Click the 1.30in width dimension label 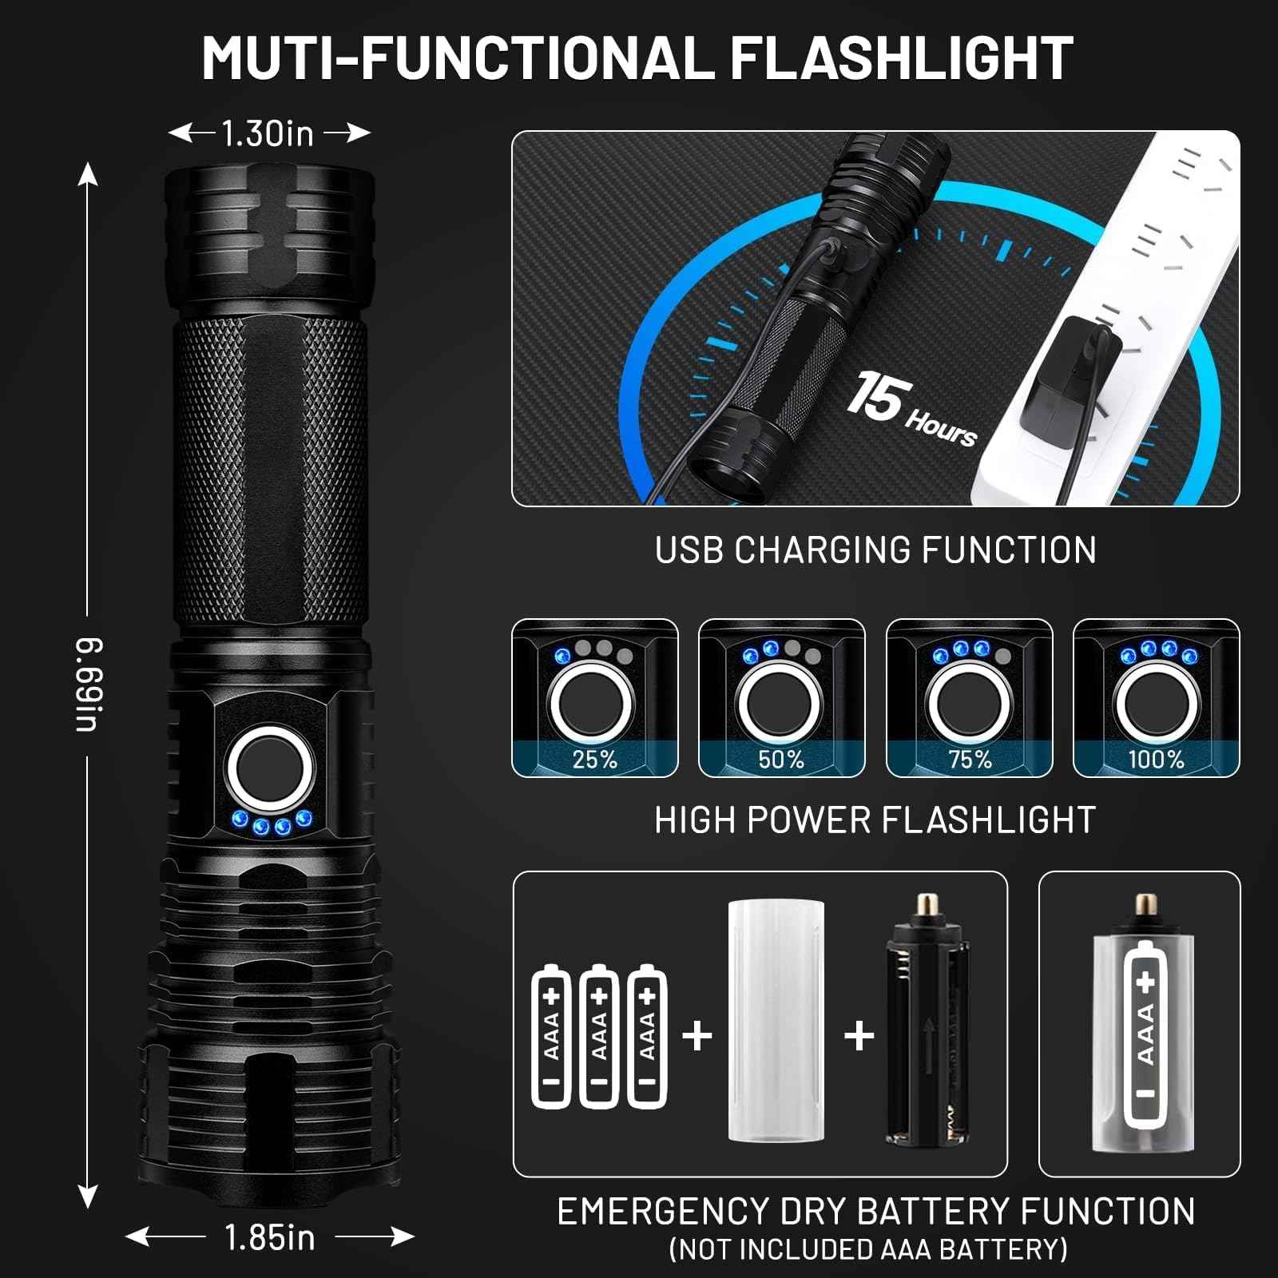pos(268,133)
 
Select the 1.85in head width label pos(270,1237)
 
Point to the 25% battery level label pos(594,759)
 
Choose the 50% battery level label pos(781,759)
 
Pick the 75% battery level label pos(969,759)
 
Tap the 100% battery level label pos(1156,759)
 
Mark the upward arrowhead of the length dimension pos(88,173)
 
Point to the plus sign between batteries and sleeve pos(697,1036)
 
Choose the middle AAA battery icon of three pos(599,1036)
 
